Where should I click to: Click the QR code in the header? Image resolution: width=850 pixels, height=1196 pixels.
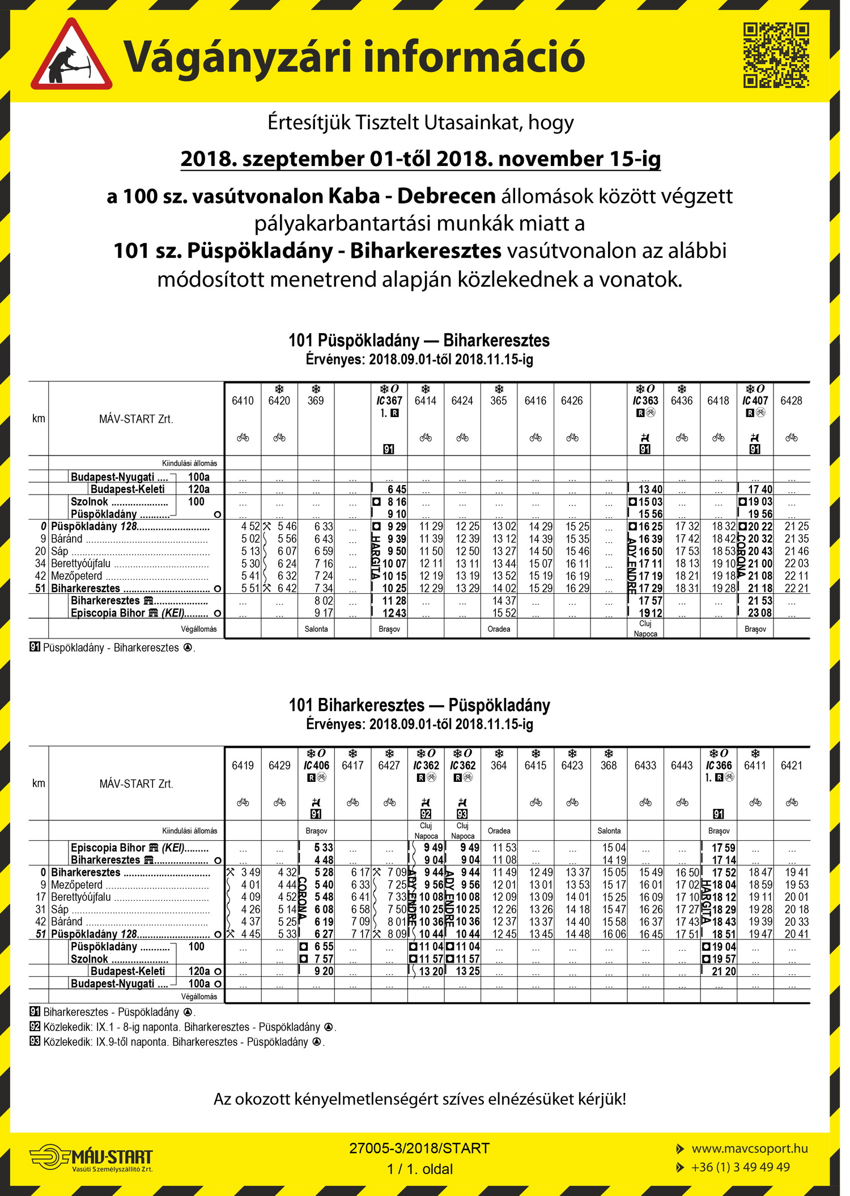(x=776, y=55)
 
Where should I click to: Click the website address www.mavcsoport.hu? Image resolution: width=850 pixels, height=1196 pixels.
(x=749, y=1148)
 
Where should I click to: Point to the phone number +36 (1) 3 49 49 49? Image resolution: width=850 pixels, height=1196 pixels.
(x=740, y=1167)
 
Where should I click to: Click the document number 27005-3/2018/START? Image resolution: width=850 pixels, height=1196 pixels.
(x=419, y=1148)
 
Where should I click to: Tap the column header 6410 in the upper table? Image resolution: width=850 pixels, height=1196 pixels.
(x=243, y=401)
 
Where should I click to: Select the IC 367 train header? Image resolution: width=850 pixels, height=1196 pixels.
(x=389, y=401)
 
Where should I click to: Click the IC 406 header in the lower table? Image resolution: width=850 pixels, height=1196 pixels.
(x=316, y=765)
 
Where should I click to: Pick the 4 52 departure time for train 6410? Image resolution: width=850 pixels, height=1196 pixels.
(x=250, y=526)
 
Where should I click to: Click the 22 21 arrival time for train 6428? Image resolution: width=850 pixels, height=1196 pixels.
(x=796, y=588)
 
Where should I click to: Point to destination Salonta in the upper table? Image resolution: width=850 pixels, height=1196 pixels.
(x=316, y=629)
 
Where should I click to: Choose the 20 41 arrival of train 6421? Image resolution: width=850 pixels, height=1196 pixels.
(x=796, y=934)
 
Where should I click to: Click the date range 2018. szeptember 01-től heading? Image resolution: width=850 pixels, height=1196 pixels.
(x=420, y=159)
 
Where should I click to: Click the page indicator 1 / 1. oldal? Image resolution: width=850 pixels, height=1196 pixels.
(x=420, y=1169)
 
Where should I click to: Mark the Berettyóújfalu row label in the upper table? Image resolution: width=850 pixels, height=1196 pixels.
(x=80, y=564)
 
